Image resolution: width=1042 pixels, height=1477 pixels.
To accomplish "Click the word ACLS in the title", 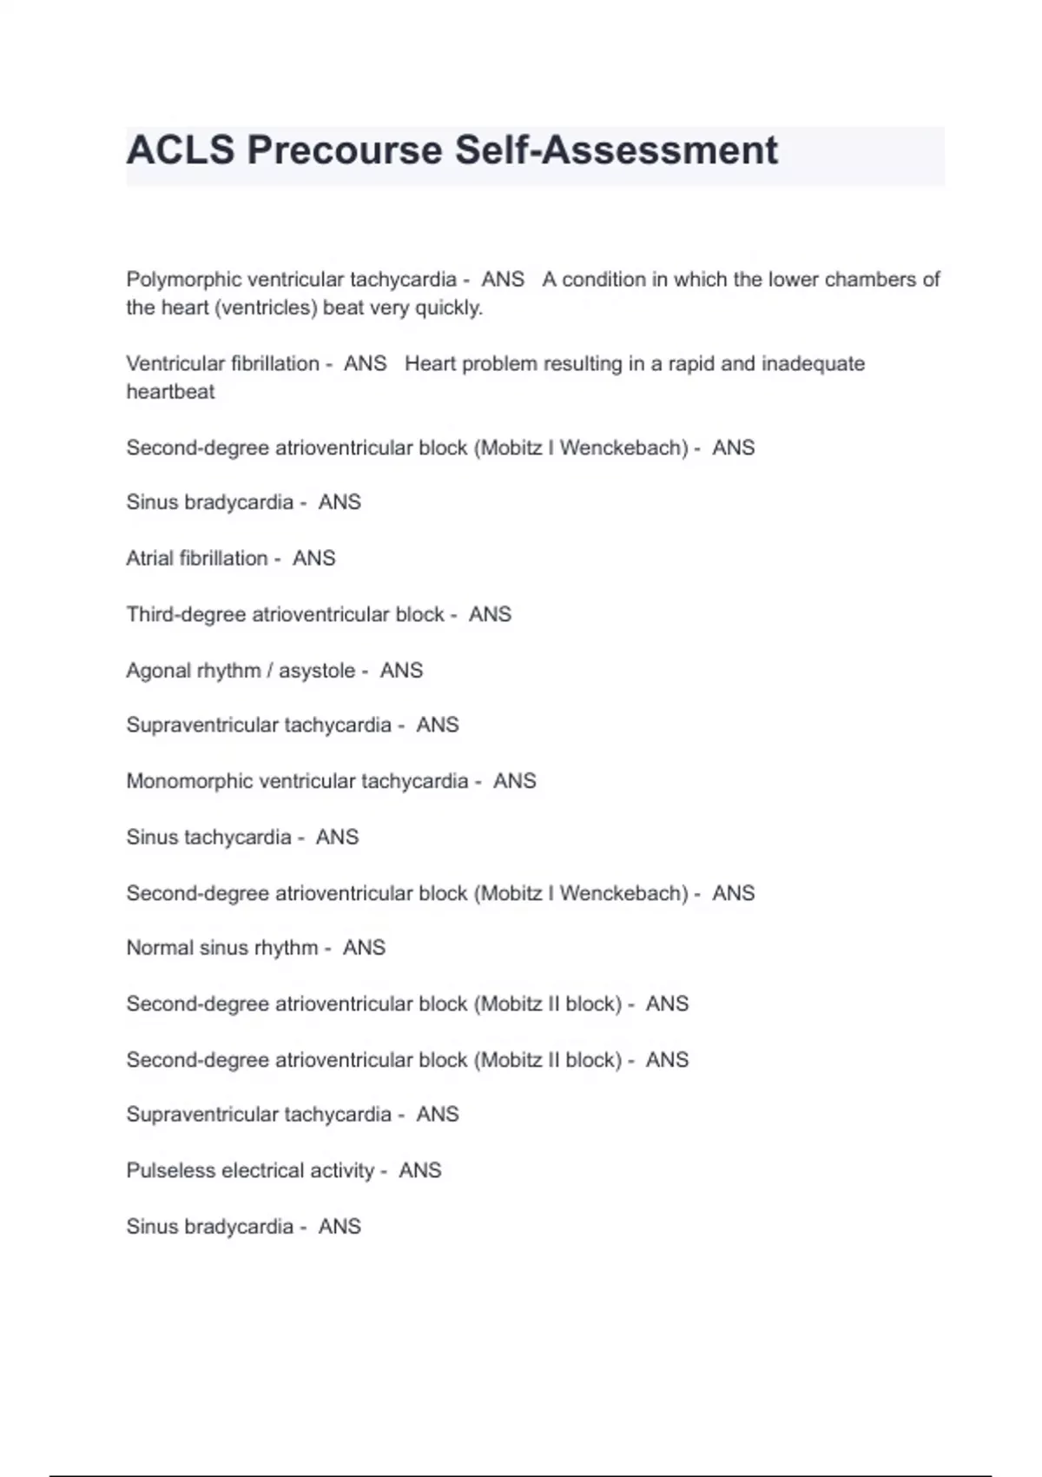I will (x=181, y=150).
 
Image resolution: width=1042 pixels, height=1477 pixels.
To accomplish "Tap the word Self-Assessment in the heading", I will (x=617, y=150).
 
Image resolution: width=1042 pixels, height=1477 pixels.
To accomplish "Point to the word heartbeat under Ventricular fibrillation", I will (x=170, y=392).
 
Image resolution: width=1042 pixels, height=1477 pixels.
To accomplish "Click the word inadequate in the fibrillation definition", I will (x=813, y=364).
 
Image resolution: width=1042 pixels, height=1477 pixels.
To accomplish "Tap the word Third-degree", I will (x=186, y=614).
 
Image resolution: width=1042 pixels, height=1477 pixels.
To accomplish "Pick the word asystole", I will (x=317, y=671).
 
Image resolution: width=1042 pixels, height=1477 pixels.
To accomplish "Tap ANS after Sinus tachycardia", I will (x=337, y=837).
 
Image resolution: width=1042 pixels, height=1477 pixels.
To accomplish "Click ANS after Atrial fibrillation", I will (x=313, y=558).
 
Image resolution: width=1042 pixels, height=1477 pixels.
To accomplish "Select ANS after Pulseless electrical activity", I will (x=420, y=1170).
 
